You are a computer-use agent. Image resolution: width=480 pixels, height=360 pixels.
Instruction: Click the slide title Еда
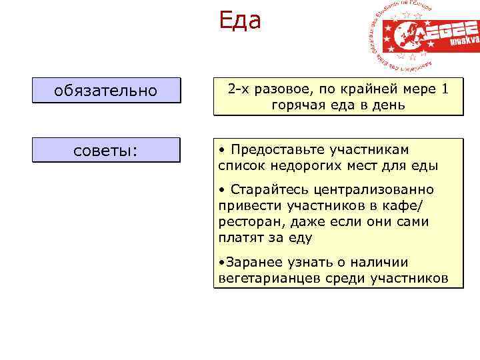tap(240, 21)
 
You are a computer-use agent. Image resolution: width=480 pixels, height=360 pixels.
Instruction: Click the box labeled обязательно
tap(107, 91)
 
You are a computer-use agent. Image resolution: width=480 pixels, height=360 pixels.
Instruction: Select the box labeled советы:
tap(107, 150)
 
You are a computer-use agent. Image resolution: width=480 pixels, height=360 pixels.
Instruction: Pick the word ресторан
tap(248, 221)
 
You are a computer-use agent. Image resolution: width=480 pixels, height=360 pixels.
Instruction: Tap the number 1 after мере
tap(446, 89)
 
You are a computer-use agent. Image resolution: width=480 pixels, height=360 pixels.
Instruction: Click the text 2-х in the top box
tap(238, 89)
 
